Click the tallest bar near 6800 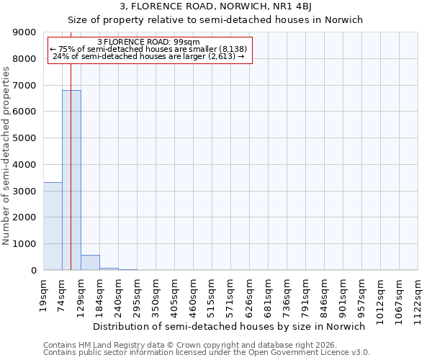pyautogui.click(x=71, y=180)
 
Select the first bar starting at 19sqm pyautogui.click(x=53, y=226)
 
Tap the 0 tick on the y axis pyautogui.click(x=34, y=271)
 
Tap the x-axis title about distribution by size pyautogui.click(x=230, y=326)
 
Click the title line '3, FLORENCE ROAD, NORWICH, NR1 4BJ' pyautogui.click(x=215, y=6)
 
